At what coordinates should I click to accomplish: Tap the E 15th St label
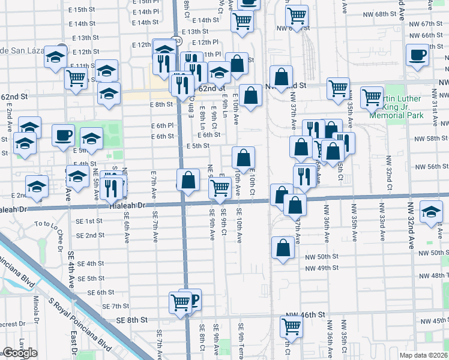pyautogui.click(x=82, y=10)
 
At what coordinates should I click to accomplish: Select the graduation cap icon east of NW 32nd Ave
pyautogui.click(x=430, y=212)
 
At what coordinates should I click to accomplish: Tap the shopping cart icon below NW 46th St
pyautogui.click(x=291, y=326)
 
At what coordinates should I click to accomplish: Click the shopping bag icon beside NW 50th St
pyautogui.click(x=282, y=247)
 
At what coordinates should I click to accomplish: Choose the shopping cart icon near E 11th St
pyautogui.click(x=76, y=78)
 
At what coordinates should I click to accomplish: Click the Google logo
pyautogui.click(x=20, y=353)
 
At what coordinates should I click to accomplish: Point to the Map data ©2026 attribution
pyautogui.click(x=423, y=355)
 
